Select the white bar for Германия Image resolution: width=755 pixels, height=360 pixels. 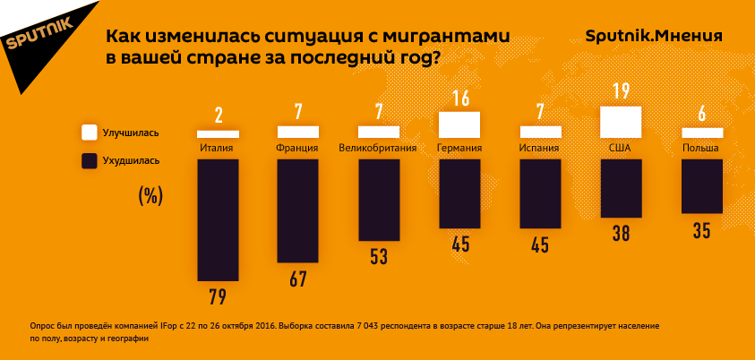459,124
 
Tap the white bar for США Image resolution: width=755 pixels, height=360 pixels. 621,121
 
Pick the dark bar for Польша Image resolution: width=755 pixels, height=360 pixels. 701,185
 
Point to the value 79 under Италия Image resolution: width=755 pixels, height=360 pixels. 218,296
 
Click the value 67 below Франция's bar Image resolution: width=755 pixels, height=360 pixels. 298,279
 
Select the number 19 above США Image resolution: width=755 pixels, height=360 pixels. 622,91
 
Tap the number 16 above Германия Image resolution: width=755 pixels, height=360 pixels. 460,98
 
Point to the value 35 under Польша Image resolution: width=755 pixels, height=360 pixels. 701,231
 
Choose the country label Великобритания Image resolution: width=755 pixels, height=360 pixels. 379,149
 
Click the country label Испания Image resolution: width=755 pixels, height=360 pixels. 539,149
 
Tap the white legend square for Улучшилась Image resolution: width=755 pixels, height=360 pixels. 90,133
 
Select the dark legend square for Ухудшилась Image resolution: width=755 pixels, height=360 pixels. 90,161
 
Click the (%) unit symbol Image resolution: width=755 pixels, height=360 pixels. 150,196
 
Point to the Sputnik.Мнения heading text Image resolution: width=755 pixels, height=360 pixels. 654,36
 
